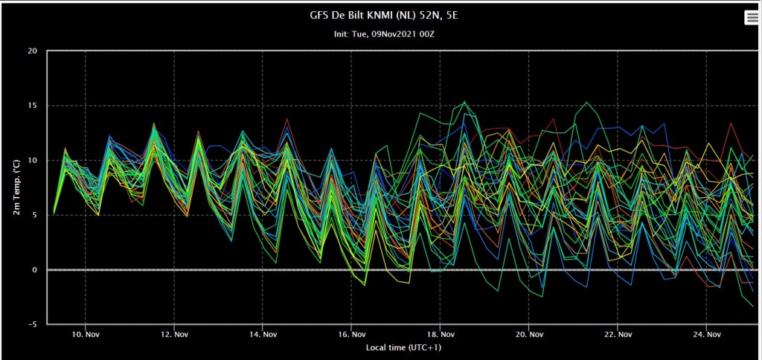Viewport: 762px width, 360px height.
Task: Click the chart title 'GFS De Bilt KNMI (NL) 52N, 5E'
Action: (x=384, y=15)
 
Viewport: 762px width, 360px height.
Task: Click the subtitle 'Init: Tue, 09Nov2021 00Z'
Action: (x=384, y=34)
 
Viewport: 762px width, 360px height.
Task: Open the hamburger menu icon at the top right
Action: (x=751, y=18)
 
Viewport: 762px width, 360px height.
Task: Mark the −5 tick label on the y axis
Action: (x=34, y=324)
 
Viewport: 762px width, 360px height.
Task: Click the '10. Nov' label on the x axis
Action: (x=86, y=335)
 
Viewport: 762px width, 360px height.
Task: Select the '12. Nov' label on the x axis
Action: (x=174, y=335)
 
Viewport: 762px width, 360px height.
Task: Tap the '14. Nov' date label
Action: (x=263, y=335)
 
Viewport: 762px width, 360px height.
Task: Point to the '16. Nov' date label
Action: (x=351, y=335)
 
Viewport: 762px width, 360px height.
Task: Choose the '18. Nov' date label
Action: (x=441, y=335)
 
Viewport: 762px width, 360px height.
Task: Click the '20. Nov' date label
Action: (x=529, y=335)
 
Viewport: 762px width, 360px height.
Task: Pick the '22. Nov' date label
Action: (x=618, y=335)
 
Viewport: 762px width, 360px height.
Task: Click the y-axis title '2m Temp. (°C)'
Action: (x=16, y=187)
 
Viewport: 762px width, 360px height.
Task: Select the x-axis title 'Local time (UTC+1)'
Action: (x=403, y=348)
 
